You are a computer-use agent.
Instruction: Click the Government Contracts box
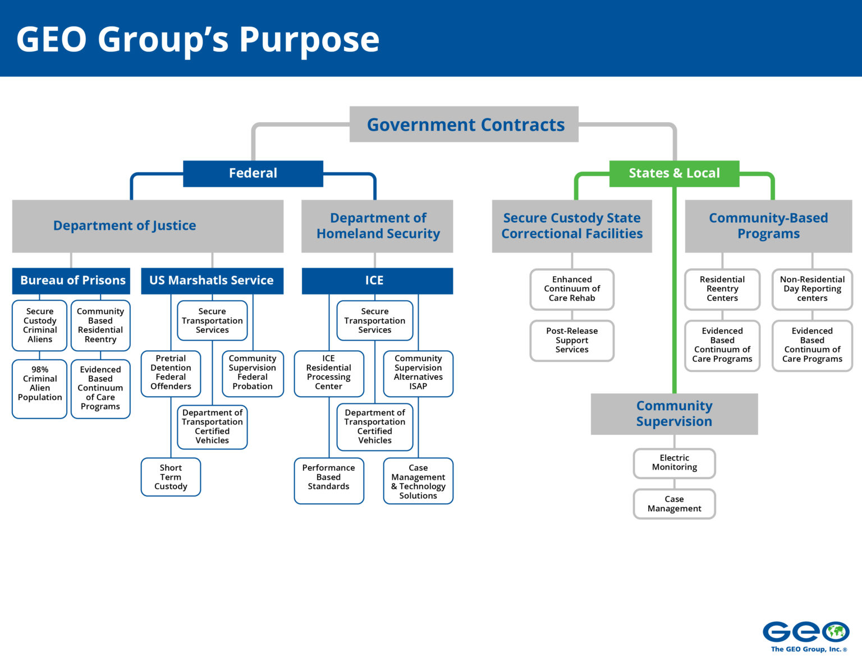click(x=464, y=125)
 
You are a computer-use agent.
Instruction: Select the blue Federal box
click(x=253, y=173)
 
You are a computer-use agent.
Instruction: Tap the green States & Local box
click(x=674, y=173)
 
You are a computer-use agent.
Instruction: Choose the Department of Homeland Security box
click(x=377, y=226)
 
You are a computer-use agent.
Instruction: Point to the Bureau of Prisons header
click(x=71, y=281)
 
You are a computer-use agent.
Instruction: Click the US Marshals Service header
click(x=212, y=281)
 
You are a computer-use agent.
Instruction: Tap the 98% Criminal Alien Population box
click(x=40, y=388)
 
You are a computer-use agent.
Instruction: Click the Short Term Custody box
click(x=171, y=477)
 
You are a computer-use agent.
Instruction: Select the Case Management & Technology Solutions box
click(x=418, y=481)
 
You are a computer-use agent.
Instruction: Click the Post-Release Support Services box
click(x=572, y=341)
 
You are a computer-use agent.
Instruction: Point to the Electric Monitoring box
click(x=674, y=463)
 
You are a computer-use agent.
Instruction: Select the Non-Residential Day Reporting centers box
click(x=812, y=289)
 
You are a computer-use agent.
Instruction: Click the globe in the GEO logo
click(x=836, y=632)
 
